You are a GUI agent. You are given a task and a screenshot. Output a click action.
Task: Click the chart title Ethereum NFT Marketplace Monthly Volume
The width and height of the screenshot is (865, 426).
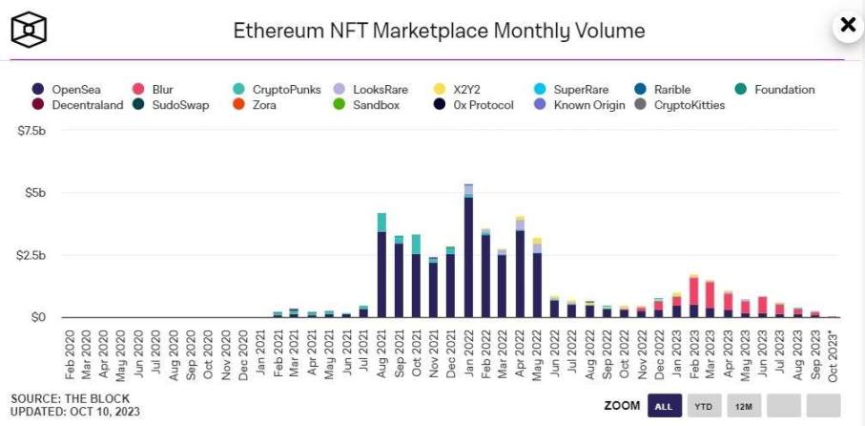tap(439, 31)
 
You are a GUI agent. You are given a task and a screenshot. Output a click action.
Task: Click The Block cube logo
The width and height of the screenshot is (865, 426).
tap(30, 30)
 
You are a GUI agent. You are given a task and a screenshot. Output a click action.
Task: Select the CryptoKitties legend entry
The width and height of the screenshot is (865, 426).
tap(680, 105)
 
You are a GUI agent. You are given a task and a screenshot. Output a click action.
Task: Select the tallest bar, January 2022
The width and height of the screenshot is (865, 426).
tap(468, 252)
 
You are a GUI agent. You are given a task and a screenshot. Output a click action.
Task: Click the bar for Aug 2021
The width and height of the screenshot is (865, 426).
tap(381, 267)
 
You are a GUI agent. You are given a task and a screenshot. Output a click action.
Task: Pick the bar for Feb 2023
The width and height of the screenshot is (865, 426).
tap(693, 297)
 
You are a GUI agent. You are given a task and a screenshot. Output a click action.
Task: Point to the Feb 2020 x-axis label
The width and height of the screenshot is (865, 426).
tap(71, 355)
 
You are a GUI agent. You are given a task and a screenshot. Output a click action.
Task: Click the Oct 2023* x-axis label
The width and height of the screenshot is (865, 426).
tap(833, 356)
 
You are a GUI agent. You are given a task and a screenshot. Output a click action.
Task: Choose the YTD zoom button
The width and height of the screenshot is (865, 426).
tap(704, 406)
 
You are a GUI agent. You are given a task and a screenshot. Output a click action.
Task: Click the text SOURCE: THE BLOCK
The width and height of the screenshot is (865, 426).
tap(70, 398)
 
